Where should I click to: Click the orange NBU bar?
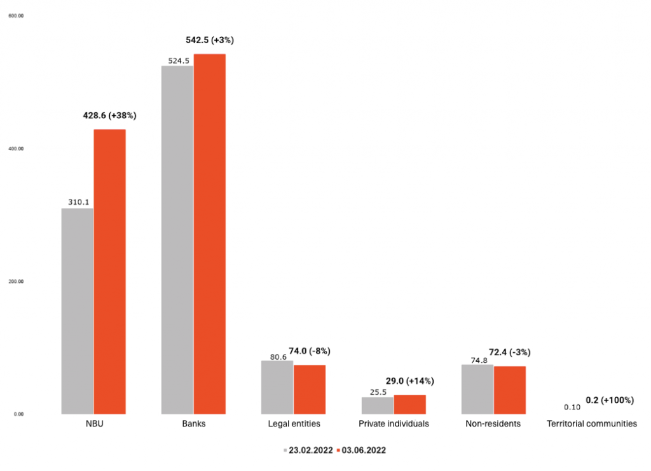click(110, 271)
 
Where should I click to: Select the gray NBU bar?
click(78, 311)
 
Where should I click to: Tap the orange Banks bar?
click(210, 234)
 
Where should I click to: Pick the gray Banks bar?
click(177, 240)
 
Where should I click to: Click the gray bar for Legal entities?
click(277, 387)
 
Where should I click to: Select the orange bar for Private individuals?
click(410, 404)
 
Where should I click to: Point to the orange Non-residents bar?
click(510, 390)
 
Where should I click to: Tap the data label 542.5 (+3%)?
click(210, 40)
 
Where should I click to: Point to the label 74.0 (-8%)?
click(310, 351)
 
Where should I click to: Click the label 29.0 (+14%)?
click(410, 381)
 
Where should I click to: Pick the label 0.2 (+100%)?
click(610, 400)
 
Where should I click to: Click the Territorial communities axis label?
click(592, 424)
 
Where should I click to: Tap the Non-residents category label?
click(493, 424)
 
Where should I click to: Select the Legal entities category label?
click(294, 424)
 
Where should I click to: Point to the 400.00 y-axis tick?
click(16, 149)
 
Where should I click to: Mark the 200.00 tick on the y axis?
click(16, 282)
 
